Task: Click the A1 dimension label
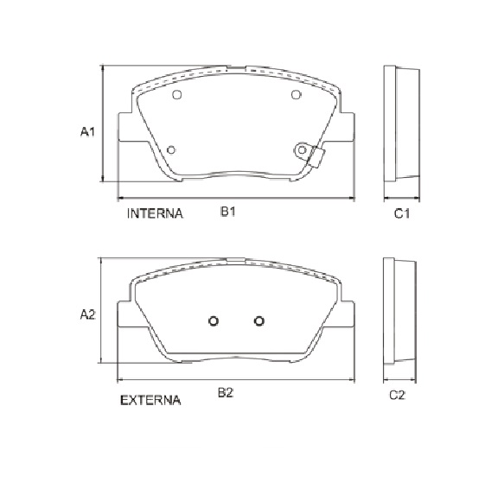coord(87,131)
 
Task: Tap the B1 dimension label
coord(228,212)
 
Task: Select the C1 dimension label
coord(402,213)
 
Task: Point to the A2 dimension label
coord(88,314)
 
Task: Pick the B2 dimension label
coord(226,393)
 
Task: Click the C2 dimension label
coord(397,395)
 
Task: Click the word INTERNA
coord(155,213)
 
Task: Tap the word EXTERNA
coord(150,400)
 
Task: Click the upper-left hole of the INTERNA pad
coord(176,94)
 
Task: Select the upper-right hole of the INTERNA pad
coord(296,94)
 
